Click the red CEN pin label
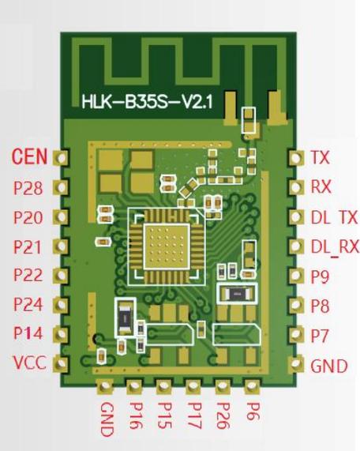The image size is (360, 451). point(29,156)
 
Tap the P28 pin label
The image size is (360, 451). point(28,188)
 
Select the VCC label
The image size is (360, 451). point(30,363)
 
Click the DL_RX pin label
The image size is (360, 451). point(335,246)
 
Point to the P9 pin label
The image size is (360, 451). point(320,276)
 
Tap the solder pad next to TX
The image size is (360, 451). point(296,157)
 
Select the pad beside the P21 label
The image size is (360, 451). point(61,246)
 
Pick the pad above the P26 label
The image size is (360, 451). point(223,386)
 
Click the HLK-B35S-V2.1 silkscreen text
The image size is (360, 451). point(147,102)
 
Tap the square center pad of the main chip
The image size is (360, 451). point(167,246)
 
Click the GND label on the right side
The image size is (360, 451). point(329,366)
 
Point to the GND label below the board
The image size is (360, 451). point(107,419)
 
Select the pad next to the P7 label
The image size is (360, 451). point(296,334)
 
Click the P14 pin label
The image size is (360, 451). point(28,333)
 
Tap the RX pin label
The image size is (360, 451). point(321,186)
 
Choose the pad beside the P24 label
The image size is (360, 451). point(61,305)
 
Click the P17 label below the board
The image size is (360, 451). point(194,415)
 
